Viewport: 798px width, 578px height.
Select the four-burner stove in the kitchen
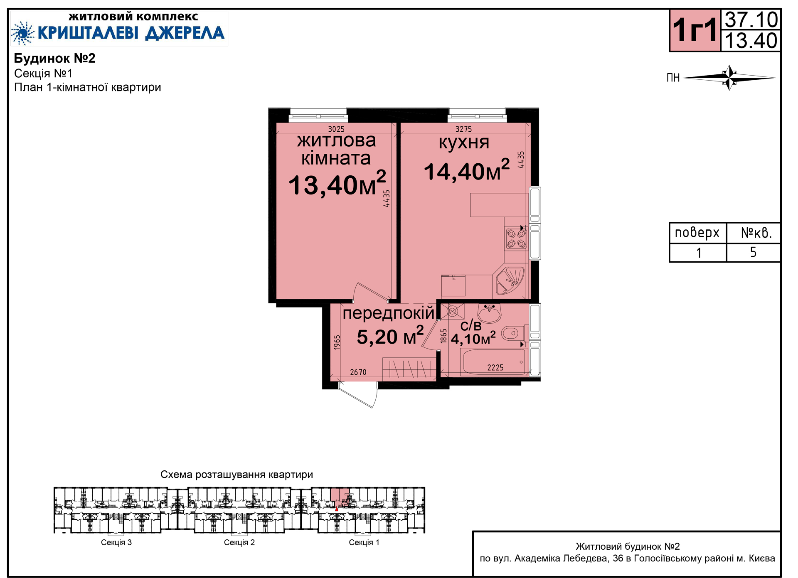click(x=516, y=239)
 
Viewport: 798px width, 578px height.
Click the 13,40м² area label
click(x=337, y=184)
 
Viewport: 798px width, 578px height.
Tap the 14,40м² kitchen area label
click(x=467, y=170)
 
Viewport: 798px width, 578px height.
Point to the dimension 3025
click(x=336, y=129)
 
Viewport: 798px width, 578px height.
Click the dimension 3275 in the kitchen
click(x=463, y=129)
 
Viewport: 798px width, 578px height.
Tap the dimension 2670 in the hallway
click(x=358, y=372)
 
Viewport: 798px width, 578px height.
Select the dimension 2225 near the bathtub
click(x=495, y=368)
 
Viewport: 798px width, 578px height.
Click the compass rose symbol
click(x=729, y=77)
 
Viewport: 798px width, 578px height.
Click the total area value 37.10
click(x=751, y=20)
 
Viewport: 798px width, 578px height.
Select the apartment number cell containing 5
click(x=753, y=253)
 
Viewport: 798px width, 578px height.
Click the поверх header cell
click(x=698, y=233)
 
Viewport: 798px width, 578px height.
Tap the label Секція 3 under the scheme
click(x=116, y=542)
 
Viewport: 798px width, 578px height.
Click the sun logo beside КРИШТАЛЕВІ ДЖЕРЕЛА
click(x=22, y=33)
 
